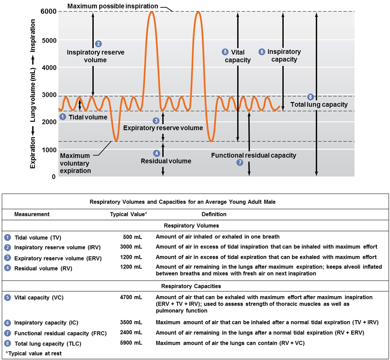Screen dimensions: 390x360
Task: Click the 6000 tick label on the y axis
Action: [49, 12]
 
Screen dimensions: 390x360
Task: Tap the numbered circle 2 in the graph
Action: [98, 44]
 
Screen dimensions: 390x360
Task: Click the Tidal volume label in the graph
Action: [88, 117]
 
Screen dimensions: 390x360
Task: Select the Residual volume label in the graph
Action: [166, 161]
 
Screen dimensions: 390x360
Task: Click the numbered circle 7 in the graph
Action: [239, 163]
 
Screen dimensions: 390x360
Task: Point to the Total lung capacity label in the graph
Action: [319, 105]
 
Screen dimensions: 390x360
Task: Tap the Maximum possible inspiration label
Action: [113, 6]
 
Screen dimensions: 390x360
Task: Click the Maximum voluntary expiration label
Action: [76, 163]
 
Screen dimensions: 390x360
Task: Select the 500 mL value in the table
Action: [133, 237]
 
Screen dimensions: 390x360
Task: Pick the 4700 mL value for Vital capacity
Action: [131, 297]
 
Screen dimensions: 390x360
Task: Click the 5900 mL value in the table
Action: [131, 343]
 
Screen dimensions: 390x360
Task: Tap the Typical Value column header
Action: [129, 214]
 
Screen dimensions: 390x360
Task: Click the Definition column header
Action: [214, 214]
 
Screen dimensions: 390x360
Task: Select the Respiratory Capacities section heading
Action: [191, 286]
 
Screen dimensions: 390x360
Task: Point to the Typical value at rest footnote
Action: [34, 353]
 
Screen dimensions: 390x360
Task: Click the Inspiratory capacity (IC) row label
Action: [46, 323]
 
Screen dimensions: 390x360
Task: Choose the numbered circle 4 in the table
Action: [7, 268]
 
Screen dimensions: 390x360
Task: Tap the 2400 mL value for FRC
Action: [131, 332]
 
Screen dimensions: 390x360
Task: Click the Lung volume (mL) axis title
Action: [33, 95]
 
